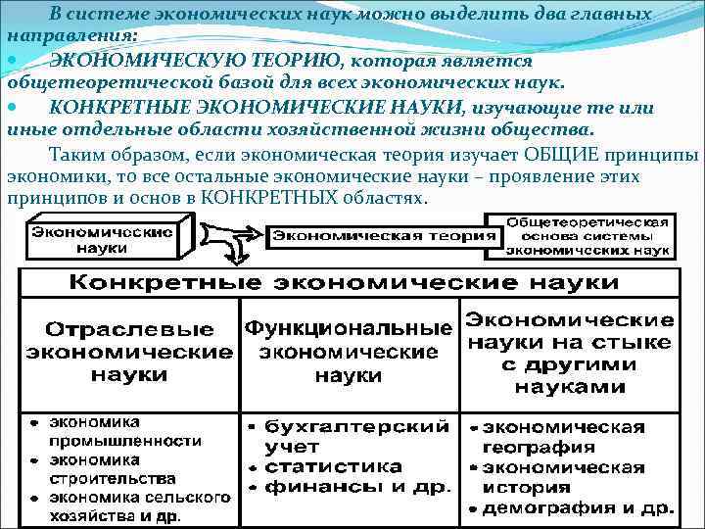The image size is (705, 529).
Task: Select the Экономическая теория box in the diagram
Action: coord(383,237)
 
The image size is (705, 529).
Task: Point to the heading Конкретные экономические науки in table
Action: coord(349,283)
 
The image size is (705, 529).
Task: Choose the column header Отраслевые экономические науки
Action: coord(129,351)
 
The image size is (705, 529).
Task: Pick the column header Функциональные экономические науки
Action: coord(349,350)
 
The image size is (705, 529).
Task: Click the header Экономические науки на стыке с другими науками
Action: coord(569,353)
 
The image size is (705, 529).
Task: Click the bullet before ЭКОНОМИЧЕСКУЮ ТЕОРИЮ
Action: coord(12,61)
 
